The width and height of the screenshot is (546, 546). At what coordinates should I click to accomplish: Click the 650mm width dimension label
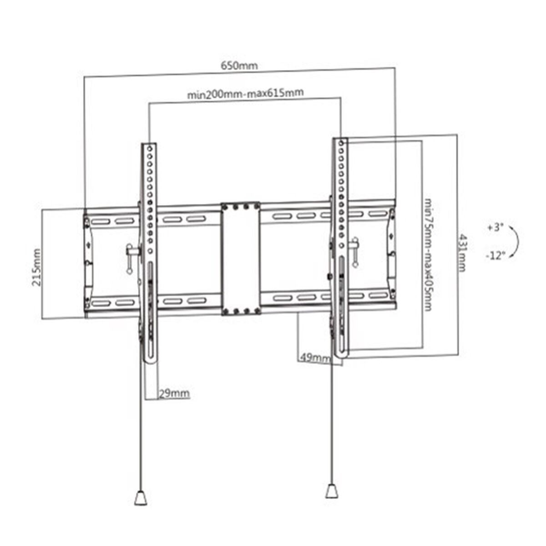tap(239, 66)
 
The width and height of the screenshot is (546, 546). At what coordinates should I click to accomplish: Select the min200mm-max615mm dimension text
tap(245, 94)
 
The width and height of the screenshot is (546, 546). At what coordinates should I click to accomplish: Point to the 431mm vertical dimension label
tap(462, 253)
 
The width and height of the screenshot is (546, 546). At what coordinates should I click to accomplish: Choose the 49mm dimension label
tap(314, 358)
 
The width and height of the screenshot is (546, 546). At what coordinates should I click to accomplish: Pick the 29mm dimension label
tap(174, 393)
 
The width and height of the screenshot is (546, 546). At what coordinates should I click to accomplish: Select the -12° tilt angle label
tap(495, 256)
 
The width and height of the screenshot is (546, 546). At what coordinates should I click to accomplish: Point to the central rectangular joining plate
tap(240, 258)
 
